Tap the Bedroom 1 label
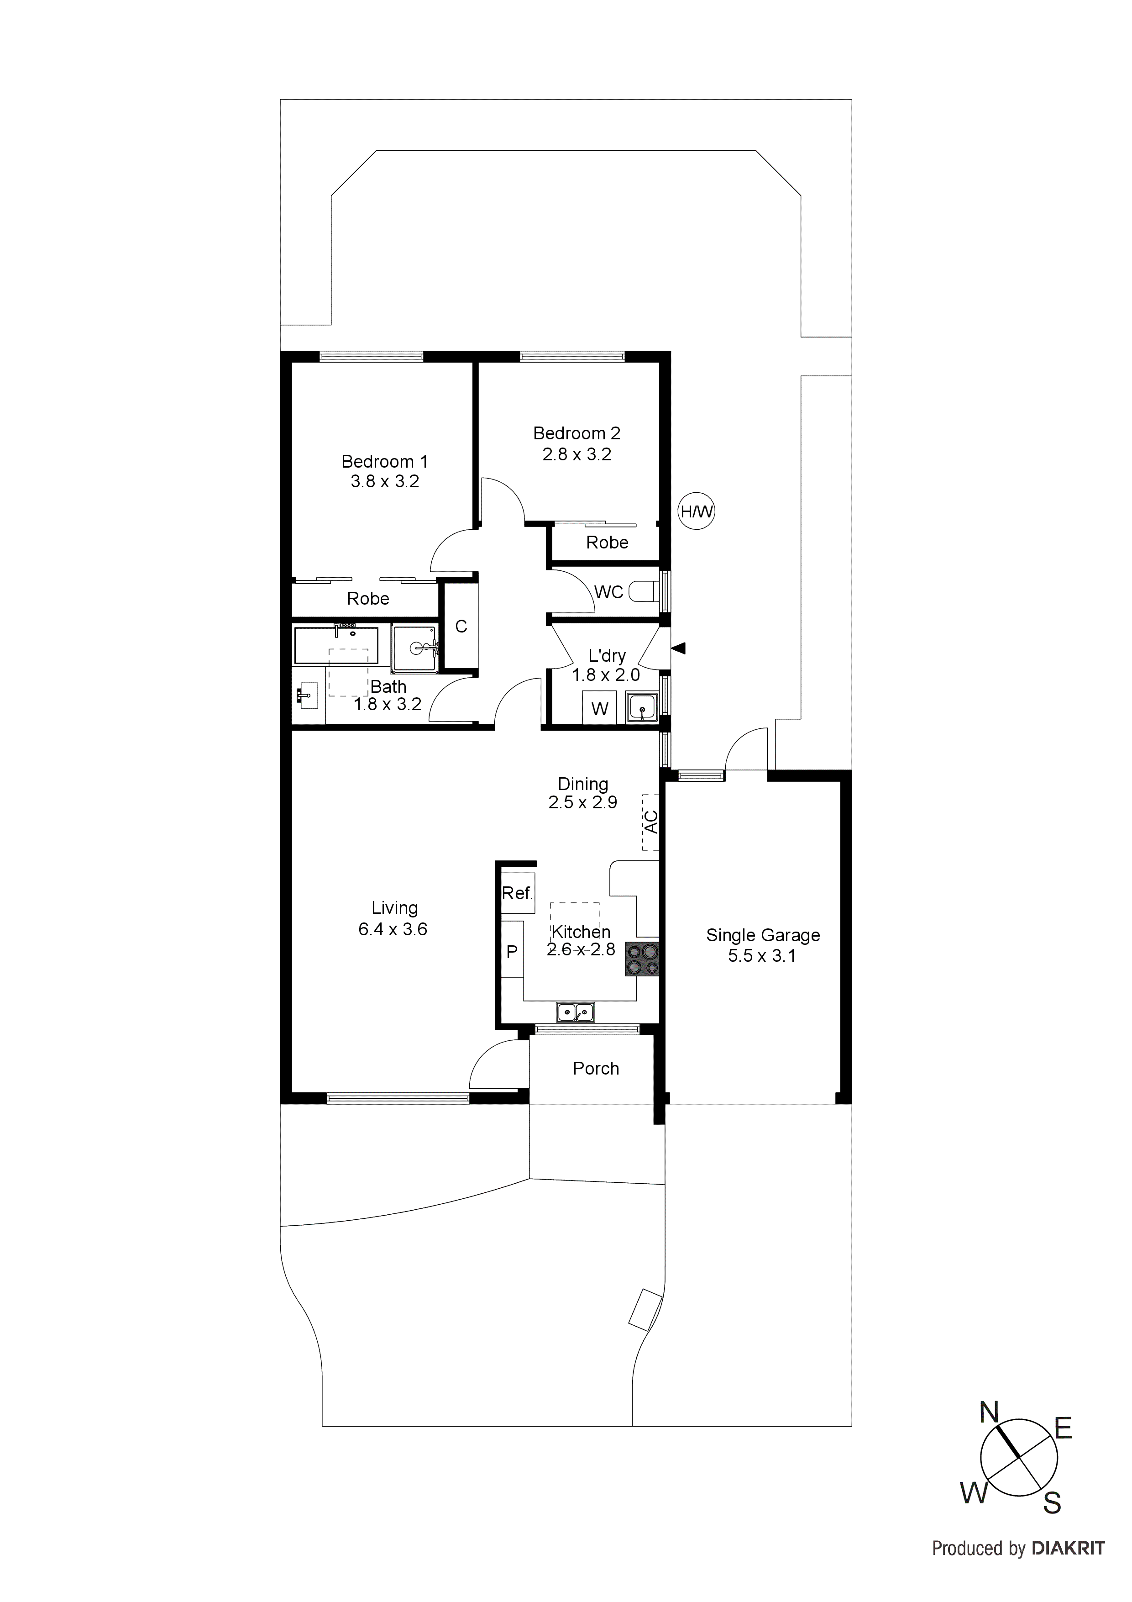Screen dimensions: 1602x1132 pos(384,461)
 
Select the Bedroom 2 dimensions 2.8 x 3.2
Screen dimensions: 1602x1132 pos(577,454)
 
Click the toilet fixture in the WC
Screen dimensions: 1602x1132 pos(643,592)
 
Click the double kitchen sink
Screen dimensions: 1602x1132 pos(576,1011)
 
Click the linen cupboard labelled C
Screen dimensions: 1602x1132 pos(461,627)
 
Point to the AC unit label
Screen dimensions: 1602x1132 pos(651,822)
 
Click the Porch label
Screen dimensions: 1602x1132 pos(596,1068)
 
